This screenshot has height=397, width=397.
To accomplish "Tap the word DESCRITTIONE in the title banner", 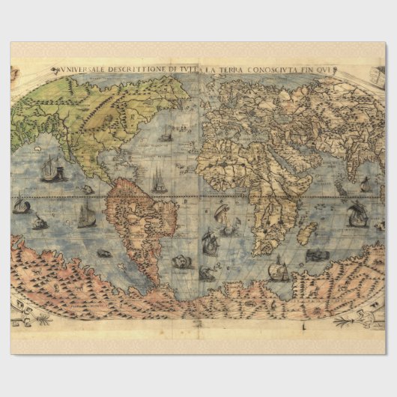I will click(x=141, y=71).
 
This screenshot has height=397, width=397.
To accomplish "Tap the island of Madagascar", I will click(x=305, y=232).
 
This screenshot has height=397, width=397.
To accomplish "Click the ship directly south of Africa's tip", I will click(x=279, y=268).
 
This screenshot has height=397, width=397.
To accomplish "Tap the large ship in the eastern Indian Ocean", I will click(x=357, y=213).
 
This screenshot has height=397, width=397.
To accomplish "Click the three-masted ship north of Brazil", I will click(x=159, y=180).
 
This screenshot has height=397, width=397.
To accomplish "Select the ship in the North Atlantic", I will click(x=165, y=136).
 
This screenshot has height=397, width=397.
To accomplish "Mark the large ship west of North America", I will click(x=51, y=170).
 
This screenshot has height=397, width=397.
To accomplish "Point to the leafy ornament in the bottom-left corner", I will click(x=30, y=315).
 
